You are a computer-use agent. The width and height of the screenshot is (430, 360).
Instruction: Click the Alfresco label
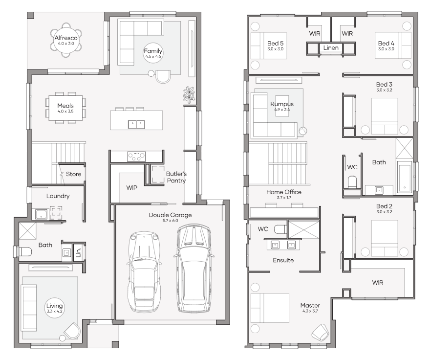point(65,38)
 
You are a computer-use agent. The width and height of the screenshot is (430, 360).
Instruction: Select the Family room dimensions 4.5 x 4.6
point(153,57)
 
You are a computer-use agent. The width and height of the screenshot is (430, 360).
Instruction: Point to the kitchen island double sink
point(136,124)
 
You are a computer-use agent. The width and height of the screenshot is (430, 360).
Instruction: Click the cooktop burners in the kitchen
point(136,157)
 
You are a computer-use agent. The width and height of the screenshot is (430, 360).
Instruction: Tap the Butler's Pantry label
point(176,177)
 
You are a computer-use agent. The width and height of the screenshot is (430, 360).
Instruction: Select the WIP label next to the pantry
point(131,187)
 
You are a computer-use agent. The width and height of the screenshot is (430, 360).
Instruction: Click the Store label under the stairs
point(73,174)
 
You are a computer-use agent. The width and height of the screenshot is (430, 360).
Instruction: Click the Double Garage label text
point(170,215)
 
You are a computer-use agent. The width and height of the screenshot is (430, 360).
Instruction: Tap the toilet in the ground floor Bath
point(24,252)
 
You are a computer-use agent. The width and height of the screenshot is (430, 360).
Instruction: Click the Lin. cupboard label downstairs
point(78,252)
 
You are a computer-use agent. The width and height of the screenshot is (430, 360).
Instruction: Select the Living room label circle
point(55,309)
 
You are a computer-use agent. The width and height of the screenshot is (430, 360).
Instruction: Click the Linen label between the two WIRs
point(331,48)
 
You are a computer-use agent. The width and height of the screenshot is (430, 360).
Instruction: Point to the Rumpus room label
point(282,104)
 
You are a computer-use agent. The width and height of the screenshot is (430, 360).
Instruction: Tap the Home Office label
point(283,192)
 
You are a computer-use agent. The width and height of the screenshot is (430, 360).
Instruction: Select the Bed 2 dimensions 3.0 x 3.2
point(385,212)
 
